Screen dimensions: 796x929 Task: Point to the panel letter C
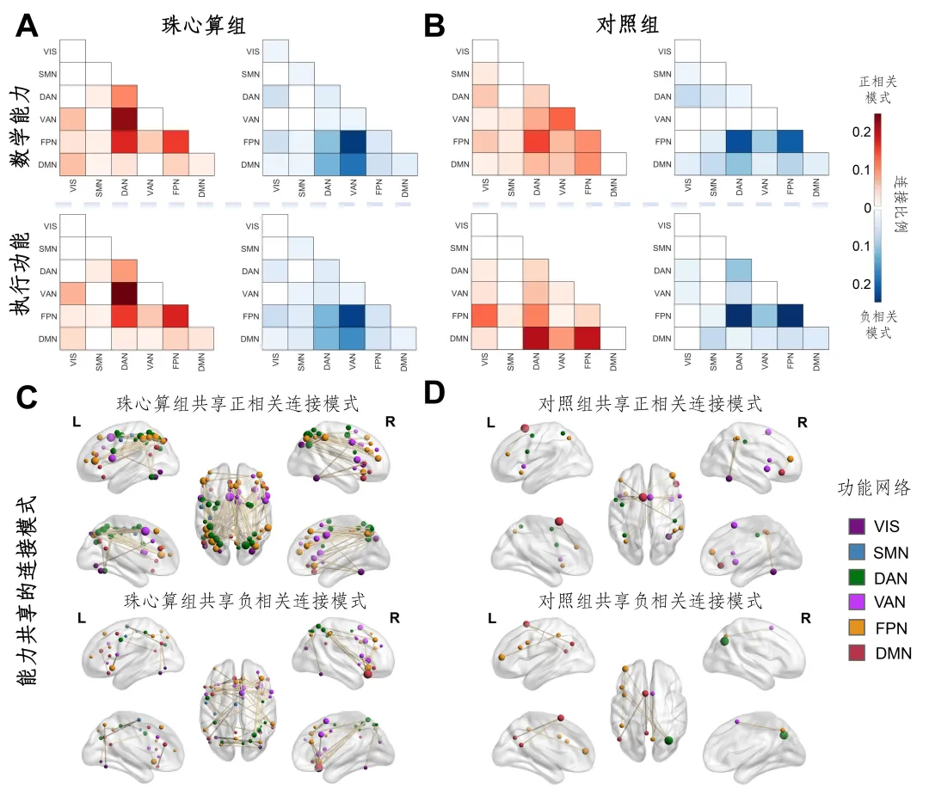[27, 397]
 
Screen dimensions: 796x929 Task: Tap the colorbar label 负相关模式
[877, 323]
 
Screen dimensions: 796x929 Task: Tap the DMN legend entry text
[893, 653]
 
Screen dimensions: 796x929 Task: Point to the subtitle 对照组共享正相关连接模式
[649, 403]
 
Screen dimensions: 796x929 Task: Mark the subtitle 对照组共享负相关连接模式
[649, 601]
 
